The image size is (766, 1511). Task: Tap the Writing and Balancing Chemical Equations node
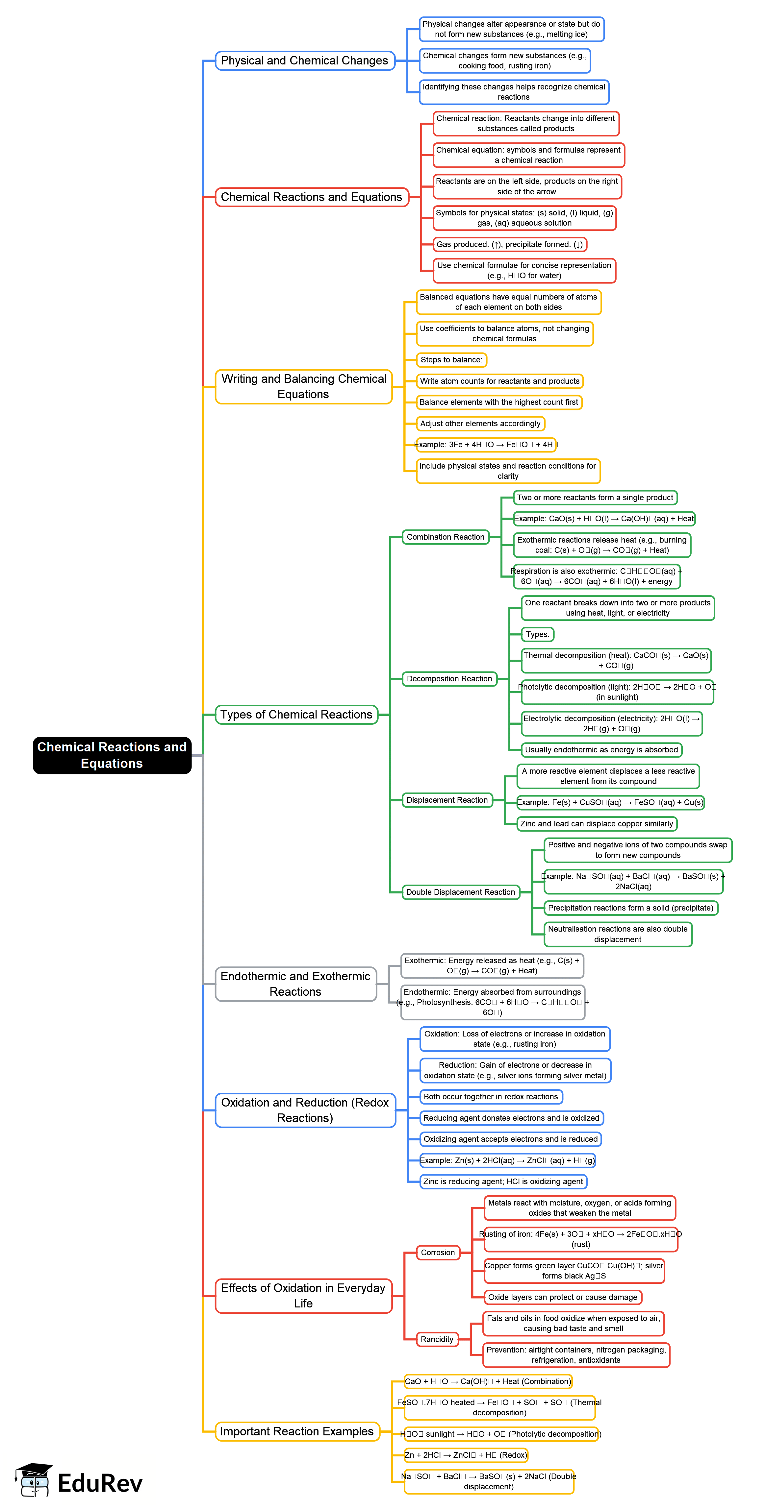click(303, 387)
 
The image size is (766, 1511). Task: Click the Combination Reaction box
click(446, 537)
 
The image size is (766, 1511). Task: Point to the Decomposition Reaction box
click(449, 679)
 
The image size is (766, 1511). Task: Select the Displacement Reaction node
click(447, 800)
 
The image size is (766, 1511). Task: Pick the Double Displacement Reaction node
click(460, 892)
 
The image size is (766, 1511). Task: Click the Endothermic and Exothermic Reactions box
click(295, 984)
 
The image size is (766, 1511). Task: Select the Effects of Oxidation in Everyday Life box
click(303, 1295)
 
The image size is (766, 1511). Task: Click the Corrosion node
click(437, 1252)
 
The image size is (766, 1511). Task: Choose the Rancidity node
click(437, 1339)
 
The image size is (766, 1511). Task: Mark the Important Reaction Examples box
click(296, 1431)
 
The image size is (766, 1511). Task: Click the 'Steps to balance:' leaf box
click(451, 359)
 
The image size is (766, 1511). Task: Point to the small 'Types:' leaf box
click(537, 634)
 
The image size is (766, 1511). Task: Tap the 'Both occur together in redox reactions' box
click(491, 1096)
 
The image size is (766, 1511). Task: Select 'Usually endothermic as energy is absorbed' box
click(601, 750)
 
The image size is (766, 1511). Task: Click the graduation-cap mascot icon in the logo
click(34, 1479)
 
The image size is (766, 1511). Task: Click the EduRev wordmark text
click(100, 1483)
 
